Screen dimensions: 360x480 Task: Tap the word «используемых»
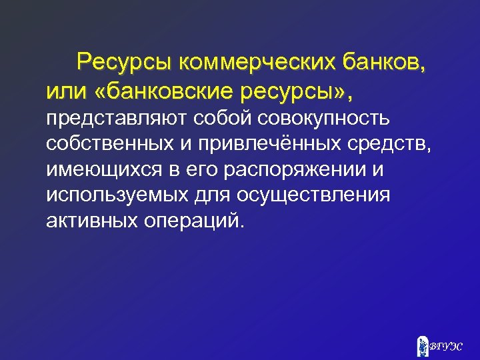coord(117,195)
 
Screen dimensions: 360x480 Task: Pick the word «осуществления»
coord(320,195)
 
